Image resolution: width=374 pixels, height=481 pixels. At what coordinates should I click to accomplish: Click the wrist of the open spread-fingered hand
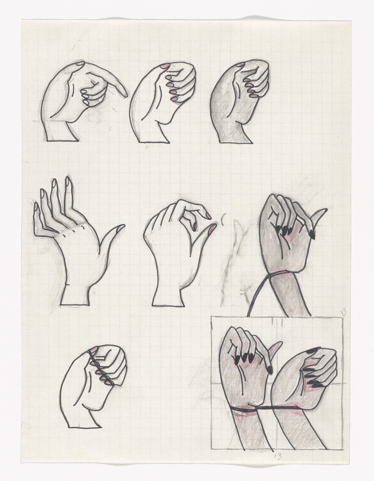pos(75,294)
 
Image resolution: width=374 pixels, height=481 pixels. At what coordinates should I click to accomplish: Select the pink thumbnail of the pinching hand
pos(212,229)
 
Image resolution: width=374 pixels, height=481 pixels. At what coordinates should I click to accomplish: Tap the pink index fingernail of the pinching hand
pos(207,216)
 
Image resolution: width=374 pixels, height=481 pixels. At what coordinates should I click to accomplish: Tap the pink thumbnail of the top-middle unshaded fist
pos(165,66)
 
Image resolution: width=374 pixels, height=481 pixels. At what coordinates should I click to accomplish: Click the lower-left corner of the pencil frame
pos(211,449)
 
